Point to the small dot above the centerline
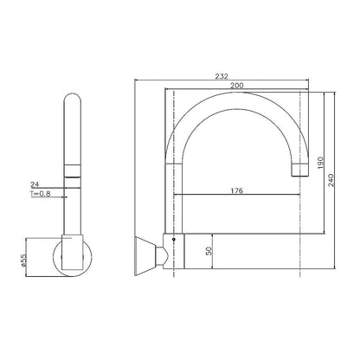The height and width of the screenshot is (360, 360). (x=174, y=239)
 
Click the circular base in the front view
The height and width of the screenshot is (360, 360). (x=72, y=257)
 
